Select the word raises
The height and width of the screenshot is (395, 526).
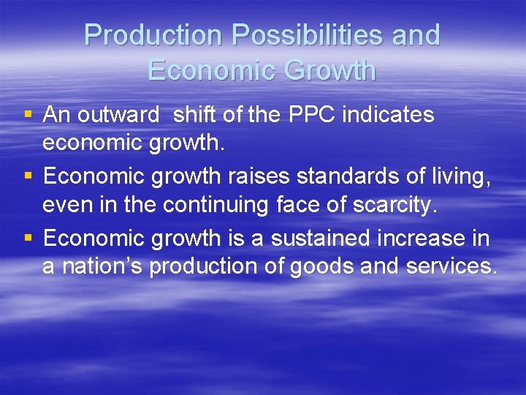click(x=253, y=176)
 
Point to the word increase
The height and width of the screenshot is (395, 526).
click(x=432, y=238)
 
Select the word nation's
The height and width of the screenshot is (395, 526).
click(x=102, y=267)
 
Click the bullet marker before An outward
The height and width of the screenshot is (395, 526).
click(x=28, y=116)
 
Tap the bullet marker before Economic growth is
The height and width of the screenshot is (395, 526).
click(x=28, y=238)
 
